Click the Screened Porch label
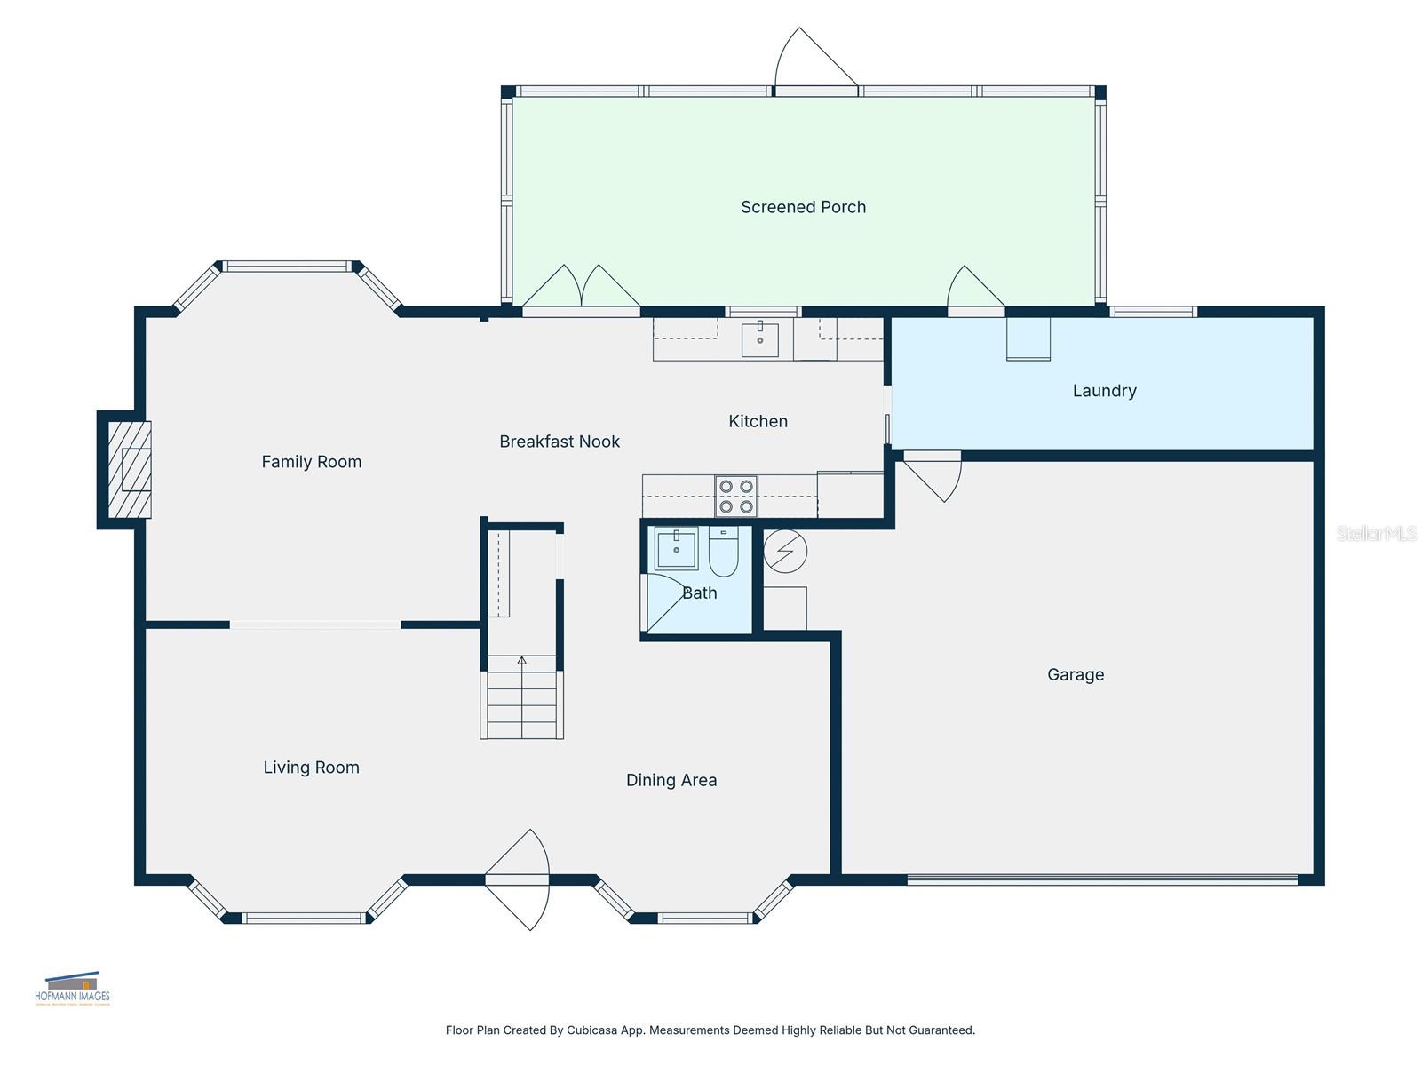[x=803, y=207]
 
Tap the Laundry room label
[x=1104, y=391]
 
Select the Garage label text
[x=1076, y=675]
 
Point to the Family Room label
[x=311, y=462]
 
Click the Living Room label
[x=311, y=768]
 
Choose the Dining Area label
[x=671, y=780]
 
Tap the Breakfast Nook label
[x=560, y=442]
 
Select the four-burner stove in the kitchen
[x=736, y=497]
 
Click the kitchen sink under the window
[x=759, y=339]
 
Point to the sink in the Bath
[x=677, y=548]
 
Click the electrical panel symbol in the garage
[x=785, y=552]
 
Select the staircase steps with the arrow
[x=522, y=697]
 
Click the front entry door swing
[x=520, y=879]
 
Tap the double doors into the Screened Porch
[x=580, y=289]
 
